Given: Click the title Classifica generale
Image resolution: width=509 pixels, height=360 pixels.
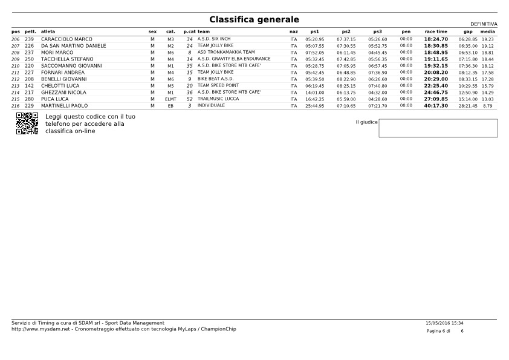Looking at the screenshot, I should coord(254,20).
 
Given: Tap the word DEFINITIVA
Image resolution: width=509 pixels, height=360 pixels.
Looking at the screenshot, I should coord(483,24).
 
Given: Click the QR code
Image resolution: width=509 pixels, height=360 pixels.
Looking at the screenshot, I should coord(27,123).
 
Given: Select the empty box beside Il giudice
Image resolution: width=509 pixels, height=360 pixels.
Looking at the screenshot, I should coord(438,128).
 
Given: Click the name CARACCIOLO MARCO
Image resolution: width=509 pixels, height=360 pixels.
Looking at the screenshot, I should coord(66,39).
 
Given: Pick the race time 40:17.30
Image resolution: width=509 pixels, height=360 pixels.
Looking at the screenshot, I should coord(435,106).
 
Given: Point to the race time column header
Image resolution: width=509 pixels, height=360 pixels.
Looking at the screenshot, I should coord(435,31).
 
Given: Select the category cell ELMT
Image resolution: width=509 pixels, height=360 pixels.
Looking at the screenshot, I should coord(170,99).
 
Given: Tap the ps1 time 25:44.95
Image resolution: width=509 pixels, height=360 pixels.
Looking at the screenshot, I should coord(314,106).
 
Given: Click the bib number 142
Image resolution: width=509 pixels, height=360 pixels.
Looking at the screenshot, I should coord(29,86).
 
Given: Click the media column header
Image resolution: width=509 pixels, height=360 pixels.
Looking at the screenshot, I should coord(487,31).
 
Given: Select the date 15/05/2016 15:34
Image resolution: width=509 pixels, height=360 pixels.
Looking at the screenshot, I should coord(444,323).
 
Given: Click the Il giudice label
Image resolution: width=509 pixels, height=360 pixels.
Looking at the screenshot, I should coord(366,122).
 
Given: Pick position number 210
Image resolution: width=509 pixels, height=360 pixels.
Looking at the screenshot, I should coord(15,66).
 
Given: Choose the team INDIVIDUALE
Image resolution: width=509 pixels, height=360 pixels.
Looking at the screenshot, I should coord(211,106).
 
